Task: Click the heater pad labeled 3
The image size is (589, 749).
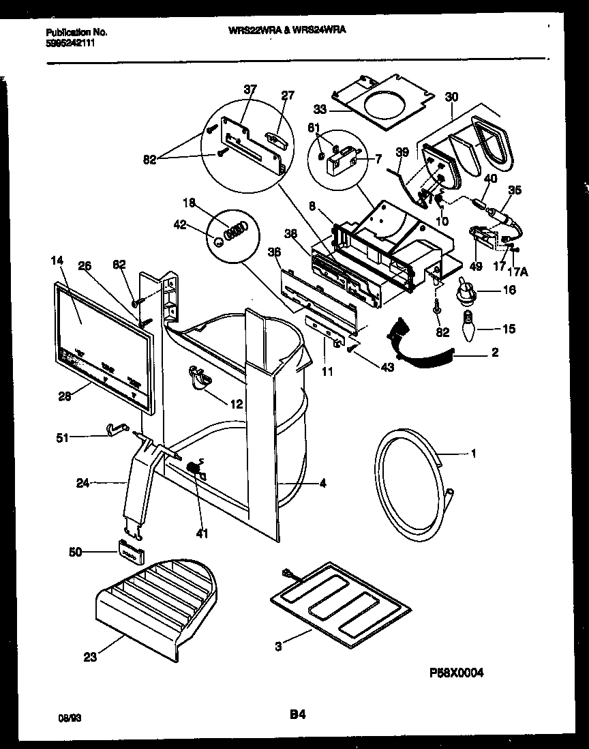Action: click(341, 595)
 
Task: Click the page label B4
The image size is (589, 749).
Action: click(297, 716)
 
